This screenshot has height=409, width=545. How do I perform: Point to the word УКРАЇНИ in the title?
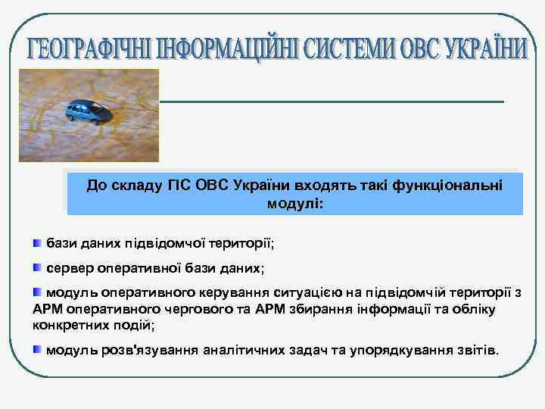[479, 49]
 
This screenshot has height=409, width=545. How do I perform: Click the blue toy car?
[88, 111]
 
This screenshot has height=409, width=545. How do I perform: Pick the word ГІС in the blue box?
[177, 186]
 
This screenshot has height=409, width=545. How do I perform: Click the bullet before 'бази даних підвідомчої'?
[37, 243]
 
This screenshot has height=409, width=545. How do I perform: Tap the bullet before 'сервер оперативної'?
[37, 267]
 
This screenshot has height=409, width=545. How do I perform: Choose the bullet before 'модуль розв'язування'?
[37, 349]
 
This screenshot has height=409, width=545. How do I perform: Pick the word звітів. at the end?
[477, 350]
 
